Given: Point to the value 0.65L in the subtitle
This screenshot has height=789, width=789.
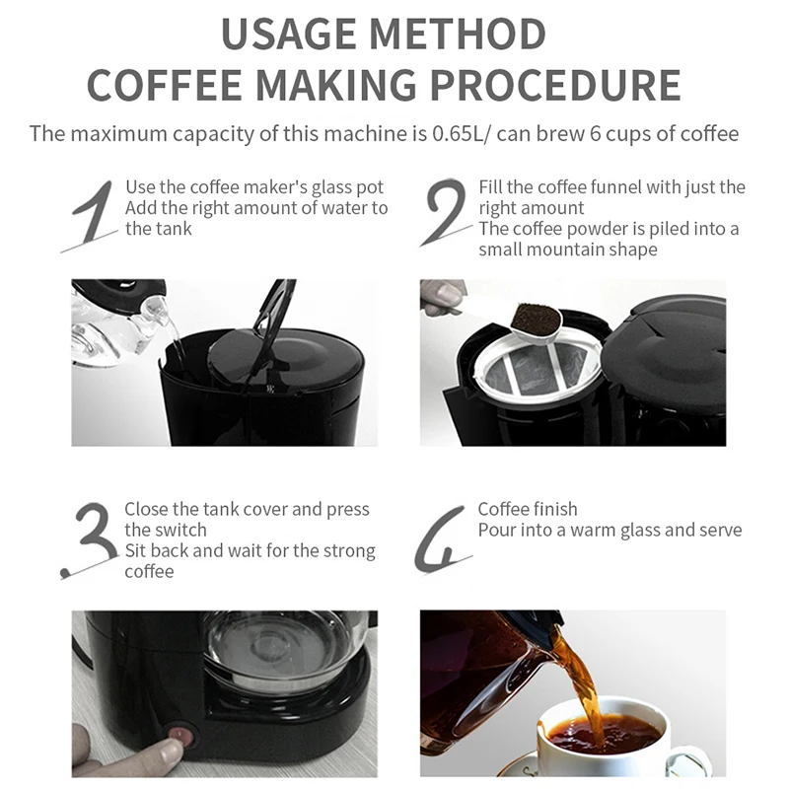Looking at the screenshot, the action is [457, 134].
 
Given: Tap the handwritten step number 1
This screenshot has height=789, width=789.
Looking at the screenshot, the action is [92, 215].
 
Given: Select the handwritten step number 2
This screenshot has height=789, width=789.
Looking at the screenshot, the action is [445, 211].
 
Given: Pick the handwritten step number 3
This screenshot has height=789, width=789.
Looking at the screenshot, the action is [90, 539].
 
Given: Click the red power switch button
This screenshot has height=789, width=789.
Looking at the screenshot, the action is [180, 734].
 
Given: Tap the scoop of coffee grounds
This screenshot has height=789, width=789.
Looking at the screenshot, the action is [535, 319].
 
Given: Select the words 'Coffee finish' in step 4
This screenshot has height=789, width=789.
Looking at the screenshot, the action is [528, 509].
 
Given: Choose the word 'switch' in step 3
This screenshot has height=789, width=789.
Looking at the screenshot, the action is [179, 531].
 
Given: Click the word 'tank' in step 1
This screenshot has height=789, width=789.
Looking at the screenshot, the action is [176, 229].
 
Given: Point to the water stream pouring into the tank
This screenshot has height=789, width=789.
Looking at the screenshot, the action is [175, 333].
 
